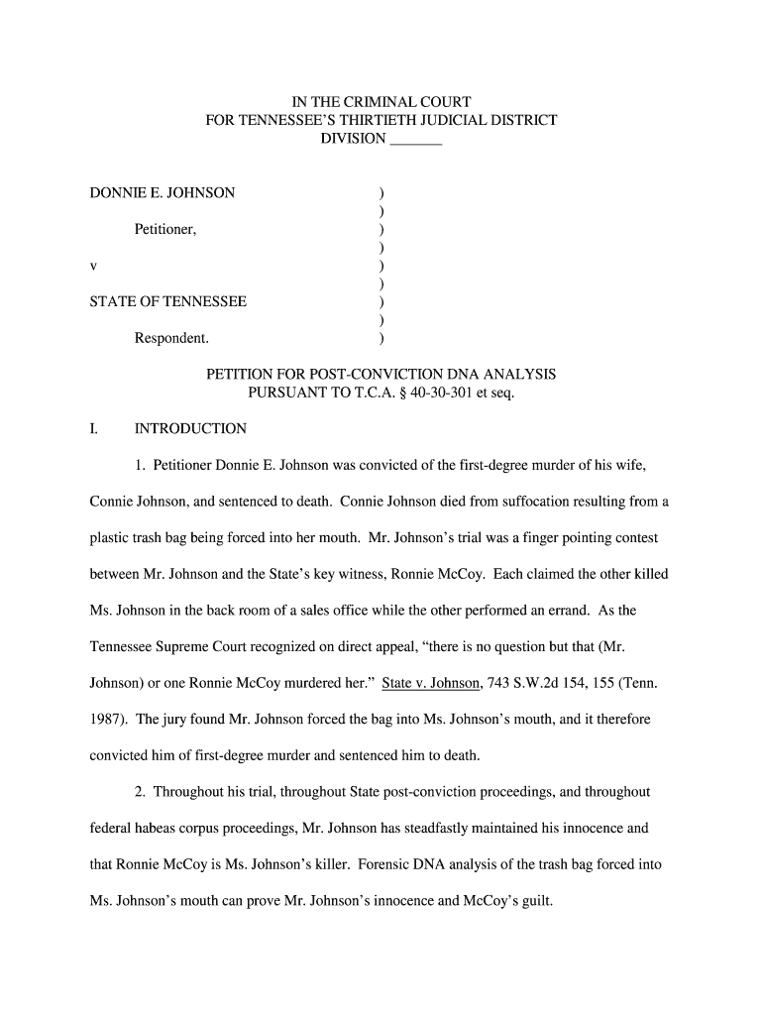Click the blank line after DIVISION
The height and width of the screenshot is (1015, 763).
416,140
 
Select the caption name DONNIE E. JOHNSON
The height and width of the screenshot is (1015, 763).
163,192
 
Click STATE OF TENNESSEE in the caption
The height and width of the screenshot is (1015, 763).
168,301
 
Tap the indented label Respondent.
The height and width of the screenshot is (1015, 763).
171,338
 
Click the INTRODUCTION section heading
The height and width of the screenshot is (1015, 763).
190,429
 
